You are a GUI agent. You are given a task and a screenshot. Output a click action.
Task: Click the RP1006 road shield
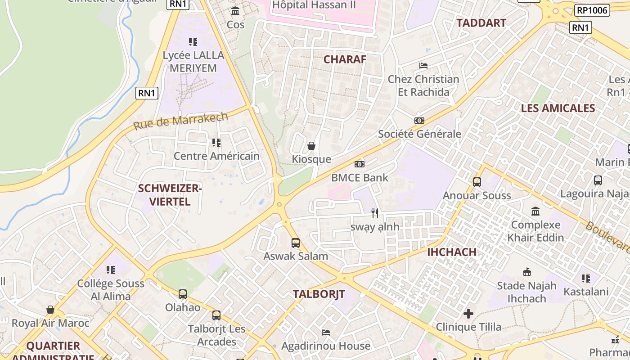tap(592, 10)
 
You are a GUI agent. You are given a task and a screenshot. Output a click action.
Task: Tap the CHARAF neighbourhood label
tap(345, 59)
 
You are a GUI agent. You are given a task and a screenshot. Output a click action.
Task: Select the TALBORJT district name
tap(319, 294)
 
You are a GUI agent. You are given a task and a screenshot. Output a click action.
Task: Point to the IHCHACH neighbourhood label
tap(451, 252)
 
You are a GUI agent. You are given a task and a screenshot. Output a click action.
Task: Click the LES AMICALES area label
tap(558, 108)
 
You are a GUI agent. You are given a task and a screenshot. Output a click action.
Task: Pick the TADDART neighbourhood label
tap(481, 23)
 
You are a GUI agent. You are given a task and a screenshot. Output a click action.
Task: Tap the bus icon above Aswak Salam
tap(296, 243)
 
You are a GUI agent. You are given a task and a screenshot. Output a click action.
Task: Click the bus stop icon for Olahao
tap(183, 294)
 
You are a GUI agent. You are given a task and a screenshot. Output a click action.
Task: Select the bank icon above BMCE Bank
tap(360, 164)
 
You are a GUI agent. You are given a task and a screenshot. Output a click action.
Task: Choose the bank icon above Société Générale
tap(419, 121)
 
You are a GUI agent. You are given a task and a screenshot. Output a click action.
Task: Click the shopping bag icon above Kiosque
tap(311, 146)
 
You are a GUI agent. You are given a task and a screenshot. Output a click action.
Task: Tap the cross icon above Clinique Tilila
tap(468, 313)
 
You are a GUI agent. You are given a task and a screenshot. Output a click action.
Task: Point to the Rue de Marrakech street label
tap(180, 120)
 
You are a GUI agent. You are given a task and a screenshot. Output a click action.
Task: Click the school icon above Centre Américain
tap(216, 143)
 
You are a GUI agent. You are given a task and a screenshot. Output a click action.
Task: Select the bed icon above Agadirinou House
tap(326, 333)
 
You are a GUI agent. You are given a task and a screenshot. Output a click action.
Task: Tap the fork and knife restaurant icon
tap(375, 213)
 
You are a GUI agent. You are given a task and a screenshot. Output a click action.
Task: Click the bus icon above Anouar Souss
tap(477, 182)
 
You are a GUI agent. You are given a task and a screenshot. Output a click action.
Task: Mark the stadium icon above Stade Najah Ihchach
tap(527, 272)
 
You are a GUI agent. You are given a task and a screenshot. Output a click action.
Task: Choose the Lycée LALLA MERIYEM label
tap(193, 62)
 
